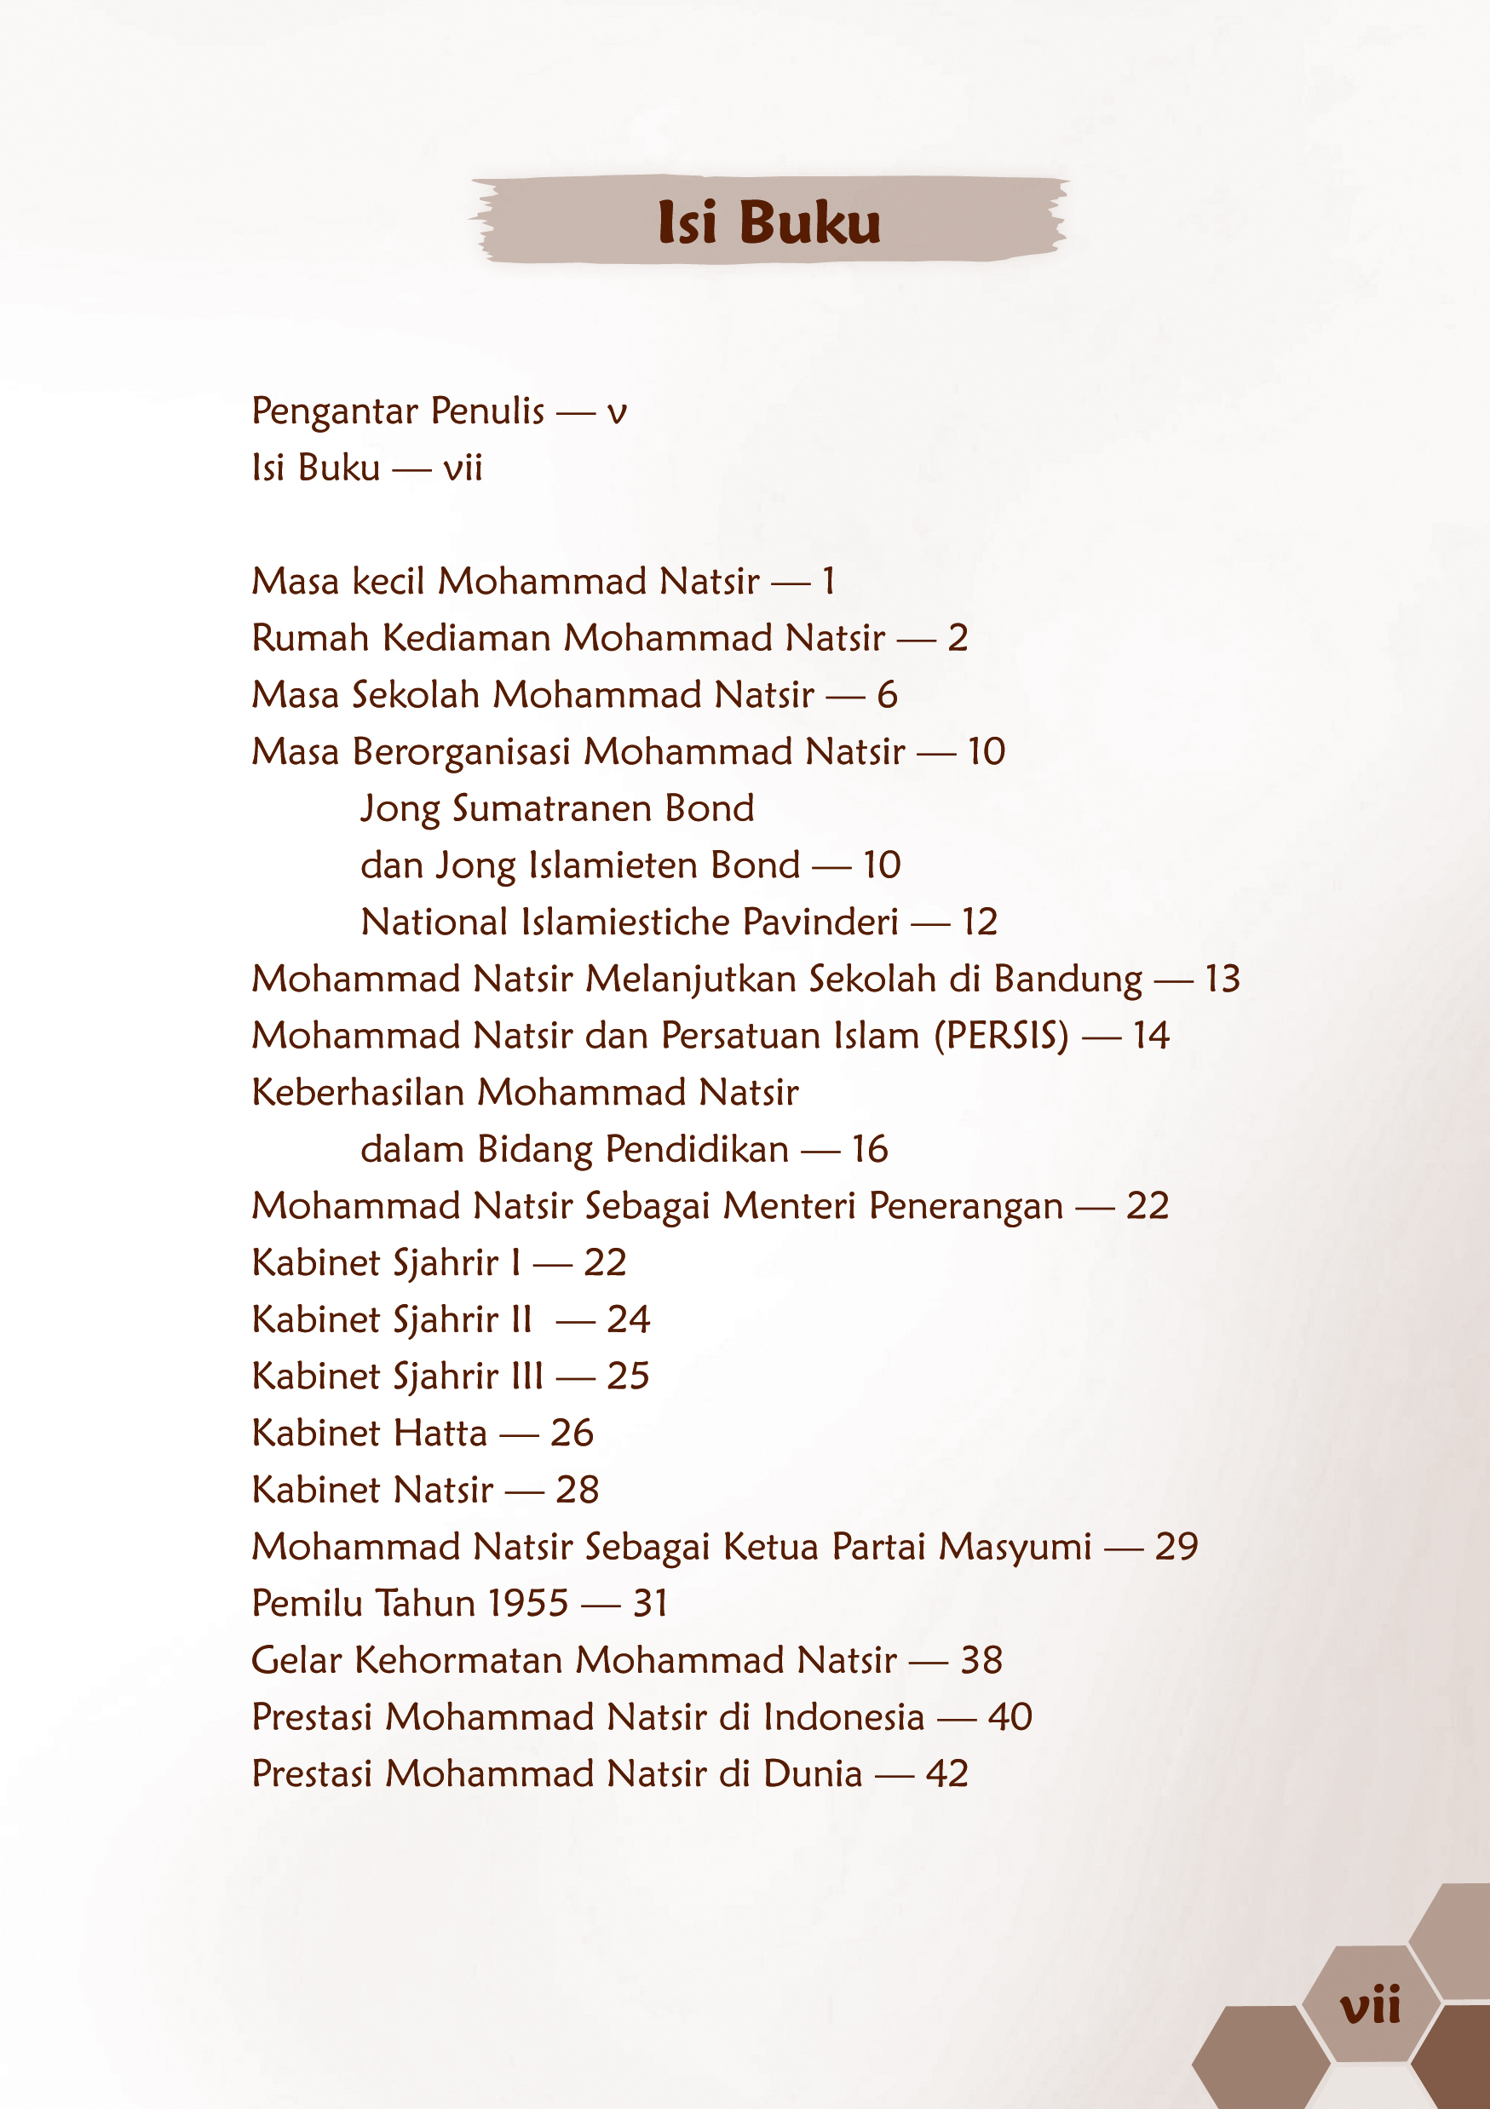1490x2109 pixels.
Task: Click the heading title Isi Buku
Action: click(769, 222)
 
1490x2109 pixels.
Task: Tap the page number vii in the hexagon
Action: click(1370, 2005)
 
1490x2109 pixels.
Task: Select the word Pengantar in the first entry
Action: click(336, 411)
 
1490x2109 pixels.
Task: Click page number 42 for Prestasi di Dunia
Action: click(947, 1773)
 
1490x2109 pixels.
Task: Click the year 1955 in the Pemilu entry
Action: click(528, 1604)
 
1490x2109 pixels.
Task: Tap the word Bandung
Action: click(1068, 980)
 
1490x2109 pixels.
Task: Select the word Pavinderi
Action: click(820, 922)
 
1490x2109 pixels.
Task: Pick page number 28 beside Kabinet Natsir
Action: click(577, 1490)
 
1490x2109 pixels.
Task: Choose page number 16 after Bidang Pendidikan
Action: click(869, 1149)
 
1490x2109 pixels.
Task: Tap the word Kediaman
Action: click(466, 638)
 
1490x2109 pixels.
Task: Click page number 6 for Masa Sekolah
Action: click(887, 695)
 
